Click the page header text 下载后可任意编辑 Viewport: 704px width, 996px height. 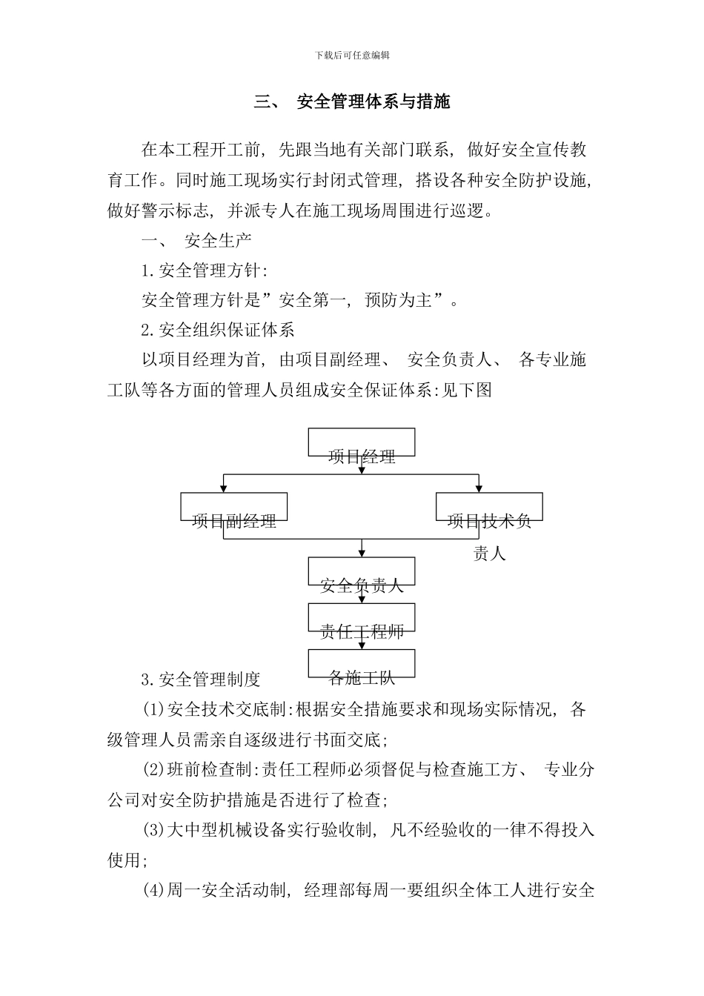(352, 55)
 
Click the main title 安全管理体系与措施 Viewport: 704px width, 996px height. (373, 102)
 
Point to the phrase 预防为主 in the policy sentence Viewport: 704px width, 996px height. (399, 300)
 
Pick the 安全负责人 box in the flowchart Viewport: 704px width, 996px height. (362, 572)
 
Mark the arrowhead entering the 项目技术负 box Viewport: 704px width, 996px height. (479, 489)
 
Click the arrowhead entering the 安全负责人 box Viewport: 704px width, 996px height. (362, 554)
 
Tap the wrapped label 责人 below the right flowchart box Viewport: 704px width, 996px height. (489, 553)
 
